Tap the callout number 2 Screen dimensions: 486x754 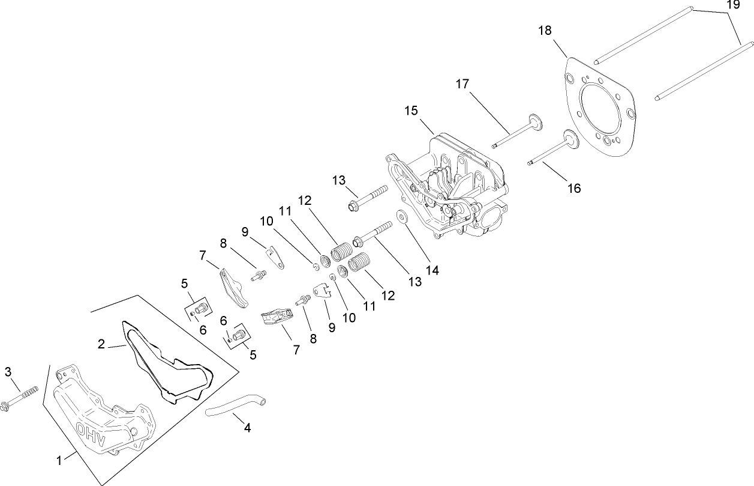101,344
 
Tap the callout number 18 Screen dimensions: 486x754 545,30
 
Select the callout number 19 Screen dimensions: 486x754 733,5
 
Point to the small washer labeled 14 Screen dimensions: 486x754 399,215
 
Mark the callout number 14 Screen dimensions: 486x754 432,270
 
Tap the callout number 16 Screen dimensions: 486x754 574,188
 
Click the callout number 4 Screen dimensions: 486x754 247,428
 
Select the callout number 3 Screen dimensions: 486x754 8,372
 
